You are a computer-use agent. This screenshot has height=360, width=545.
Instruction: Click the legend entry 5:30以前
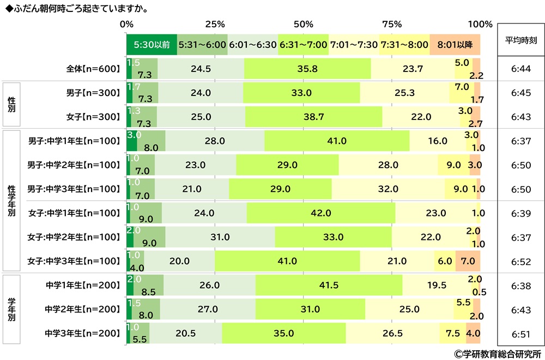point(152,45)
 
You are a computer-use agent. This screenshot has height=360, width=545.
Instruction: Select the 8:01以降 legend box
point(455,45)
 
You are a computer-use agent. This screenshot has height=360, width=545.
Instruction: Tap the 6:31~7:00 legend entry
point(303,45)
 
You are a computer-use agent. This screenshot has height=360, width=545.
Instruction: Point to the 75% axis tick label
point(392,24)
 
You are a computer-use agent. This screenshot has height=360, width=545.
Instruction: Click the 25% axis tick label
point(215,24)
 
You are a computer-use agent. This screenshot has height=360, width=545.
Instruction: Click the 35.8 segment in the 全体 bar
point(307,70)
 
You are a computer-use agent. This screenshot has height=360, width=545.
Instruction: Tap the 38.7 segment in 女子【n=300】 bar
point(314,116)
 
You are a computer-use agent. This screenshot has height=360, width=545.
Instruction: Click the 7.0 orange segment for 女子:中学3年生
point(468,261)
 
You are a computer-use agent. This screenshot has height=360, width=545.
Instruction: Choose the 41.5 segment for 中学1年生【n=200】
point(329,285)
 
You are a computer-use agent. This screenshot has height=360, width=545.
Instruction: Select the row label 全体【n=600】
point(92,70)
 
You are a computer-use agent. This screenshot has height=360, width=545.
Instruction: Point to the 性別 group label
point(11,104)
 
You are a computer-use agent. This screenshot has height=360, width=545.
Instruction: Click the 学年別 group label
point(11,309)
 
